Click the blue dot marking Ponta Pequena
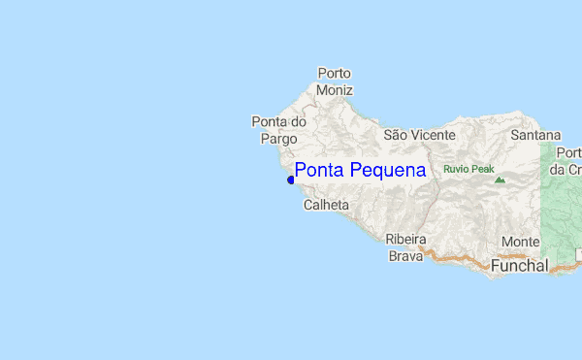(x=291, y=180)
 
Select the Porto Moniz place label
(x=334, y=82)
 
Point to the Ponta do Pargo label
(x=278, y=130)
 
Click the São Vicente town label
(x=420, y=135)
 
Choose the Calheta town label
(x=326, y=206)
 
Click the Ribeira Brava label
(x=405, y=247)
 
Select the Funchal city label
(x=520, y=264)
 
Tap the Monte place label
(x=521, y=242)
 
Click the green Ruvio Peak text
(x=469, y=169)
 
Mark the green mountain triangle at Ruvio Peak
(x=500, y=180)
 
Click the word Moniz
(x=334, y=90)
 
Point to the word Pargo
(x=272, y=139)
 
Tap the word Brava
(x=405, y=256)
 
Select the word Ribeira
(x=405, y=239)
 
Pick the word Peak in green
(x=483, y=169)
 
